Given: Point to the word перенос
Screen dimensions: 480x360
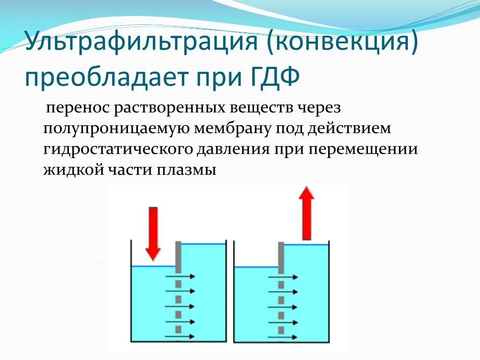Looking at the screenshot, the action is (75, 108).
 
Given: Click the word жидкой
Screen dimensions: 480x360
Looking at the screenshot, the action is (71, 169).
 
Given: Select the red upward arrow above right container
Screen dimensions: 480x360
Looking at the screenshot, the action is (307, 213).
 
